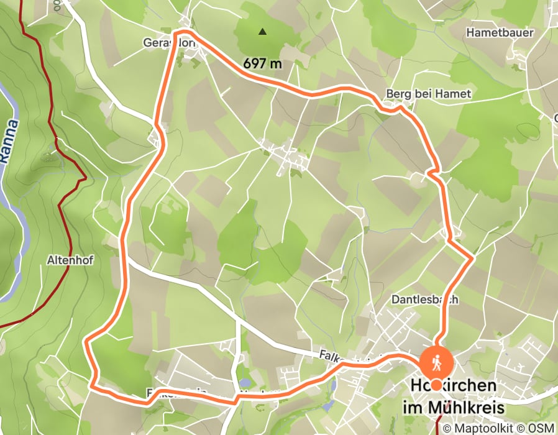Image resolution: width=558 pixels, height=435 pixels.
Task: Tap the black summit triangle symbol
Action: pos(263,30)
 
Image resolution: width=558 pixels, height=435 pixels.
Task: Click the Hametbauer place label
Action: pos(500,32)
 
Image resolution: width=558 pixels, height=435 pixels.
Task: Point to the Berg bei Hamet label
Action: pos(429,94)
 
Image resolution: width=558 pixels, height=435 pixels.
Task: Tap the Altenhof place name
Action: pos(70,261)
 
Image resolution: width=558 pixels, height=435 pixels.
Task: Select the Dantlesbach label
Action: pos(425,300)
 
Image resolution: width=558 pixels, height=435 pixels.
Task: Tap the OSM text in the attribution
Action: pos(542,428)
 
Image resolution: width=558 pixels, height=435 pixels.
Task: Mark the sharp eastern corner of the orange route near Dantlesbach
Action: pos(472,256)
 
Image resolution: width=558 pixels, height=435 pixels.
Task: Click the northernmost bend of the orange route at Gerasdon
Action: pos(181,31)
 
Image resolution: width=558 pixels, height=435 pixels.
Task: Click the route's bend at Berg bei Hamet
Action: pos(400,108)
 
